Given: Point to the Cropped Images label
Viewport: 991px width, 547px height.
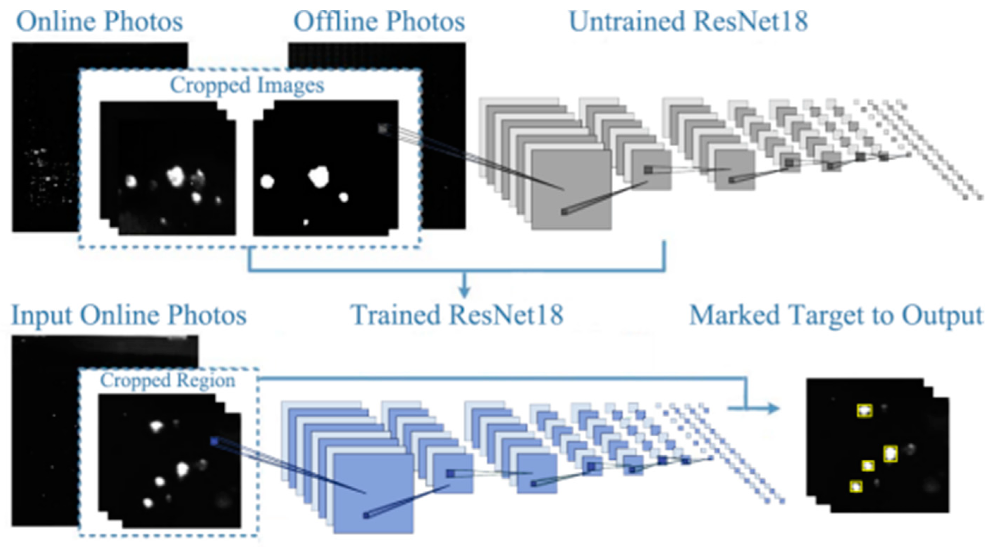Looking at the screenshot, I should click(247, 85).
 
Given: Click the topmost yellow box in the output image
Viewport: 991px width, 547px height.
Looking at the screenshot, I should click(864, 411).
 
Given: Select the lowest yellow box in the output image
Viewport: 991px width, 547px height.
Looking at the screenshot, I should click(856, 487).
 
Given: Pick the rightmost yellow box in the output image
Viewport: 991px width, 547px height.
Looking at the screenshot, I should click(890, 454).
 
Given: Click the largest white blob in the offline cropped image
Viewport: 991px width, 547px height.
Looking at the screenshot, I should click(318, 177).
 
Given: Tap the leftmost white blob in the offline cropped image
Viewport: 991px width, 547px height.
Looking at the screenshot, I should click(267, 181).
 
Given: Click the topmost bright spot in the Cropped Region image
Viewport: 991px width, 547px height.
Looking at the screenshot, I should click(156, 425).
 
